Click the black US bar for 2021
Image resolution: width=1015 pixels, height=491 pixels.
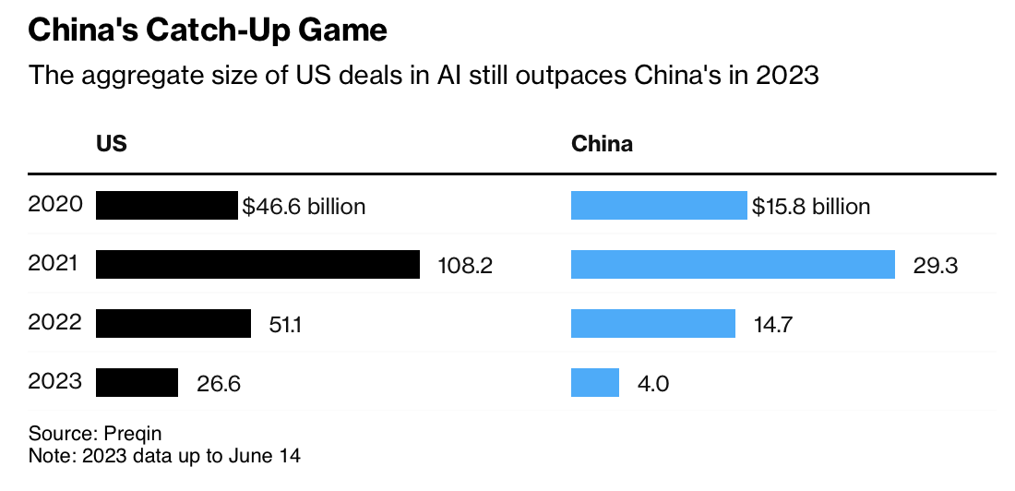click(257, 265)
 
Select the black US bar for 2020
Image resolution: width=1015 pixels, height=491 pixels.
click(166, 206)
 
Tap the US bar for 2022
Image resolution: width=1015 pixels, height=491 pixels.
click(173, 324)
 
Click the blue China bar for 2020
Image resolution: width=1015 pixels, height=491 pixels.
click(658, 206)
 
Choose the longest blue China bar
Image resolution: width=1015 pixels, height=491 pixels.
click(733, 265)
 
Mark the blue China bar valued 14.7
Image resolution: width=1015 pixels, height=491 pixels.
click(652, 324)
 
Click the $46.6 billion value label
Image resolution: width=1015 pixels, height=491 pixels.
click(304, 207)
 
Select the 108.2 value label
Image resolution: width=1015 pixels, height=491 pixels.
click(463, 266)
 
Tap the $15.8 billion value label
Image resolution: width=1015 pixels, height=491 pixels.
click(810, 207)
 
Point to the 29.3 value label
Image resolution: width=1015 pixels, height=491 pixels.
click(936, 266)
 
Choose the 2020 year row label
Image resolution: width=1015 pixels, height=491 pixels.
click(55, 205)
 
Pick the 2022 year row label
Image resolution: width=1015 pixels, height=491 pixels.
click(55, 323)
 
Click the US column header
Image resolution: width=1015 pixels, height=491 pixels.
click(111, 145)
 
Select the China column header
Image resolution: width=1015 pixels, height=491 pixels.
click(602, 145)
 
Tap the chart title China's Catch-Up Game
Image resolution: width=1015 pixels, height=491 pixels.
click(208, 30)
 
